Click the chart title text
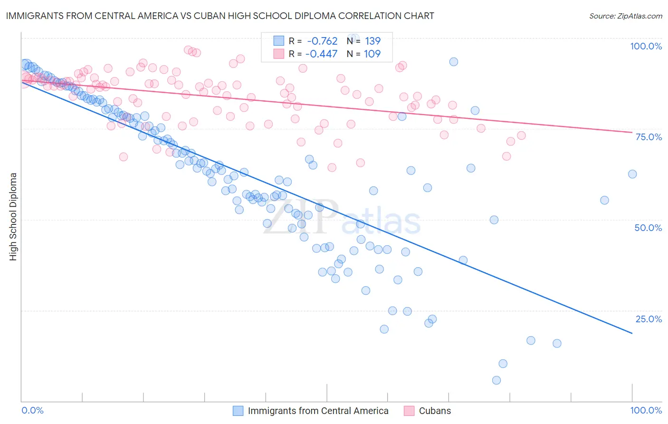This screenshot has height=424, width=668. pyautogui.click(x=220, y=16)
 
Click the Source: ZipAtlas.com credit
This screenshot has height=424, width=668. pyautogui.click(x=625, y=16)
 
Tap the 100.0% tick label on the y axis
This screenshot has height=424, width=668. pyautogui.click(x=646, y=46)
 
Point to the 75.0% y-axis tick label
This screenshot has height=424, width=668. pyautogui.click(x=649, y=137)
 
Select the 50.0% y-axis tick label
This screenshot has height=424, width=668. pyautogui.click(x=648, y=228)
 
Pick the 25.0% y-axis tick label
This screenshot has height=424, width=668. pyautogui.click(x=649, y=319)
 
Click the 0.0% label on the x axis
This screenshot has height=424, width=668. pyautogui.click(x=32, y=410)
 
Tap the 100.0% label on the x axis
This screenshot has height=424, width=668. pyautogui.click(x=646, y=410)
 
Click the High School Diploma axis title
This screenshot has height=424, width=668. pyautogui.click(x=13, y=216)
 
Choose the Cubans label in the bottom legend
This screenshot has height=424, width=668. pyautogui.click(x=435, y=411)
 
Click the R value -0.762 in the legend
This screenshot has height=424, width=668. pyautogui.click(x=322, y=41)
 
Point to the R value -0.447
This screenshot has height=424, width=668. pyautogui.click(x=322, y=54)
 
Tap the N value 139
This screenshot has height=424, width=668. pyautogui.click(x=372, y=41)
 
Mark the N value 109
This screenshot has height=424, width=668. pyautogui.click(x=372, y=54)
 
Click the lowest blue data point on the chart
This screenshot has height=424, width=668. pyautogui.click(x=496, y=380)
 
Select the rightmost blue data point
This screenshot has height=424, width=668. pyautogui.click(x=632, y=174)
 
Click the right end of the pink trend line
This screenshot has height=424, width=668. pyautogui.click(x=632, y=132)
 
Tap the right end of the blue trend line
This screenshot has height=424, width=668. pyautogui.click(x=632, y=334)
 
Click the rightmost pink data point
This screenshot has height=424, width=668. pyautogui.click(x=521, y=135)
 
